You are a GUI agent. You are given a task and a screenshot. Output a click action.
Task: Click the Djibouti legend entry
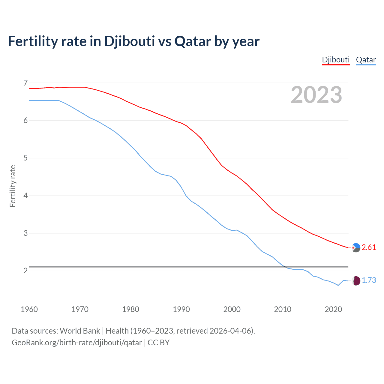[336, 60]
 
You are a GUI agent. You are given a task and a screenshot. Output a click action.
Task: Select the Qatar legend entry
[366, 60]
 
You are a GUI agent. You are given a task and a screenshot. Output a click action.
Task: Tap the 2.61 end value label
[369, 247]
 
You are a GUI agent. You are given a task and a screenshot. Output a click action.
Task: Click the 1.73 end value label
[369, 280]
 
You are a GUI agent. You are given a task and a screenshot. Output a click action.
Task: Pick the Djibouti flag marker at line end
[356, 248]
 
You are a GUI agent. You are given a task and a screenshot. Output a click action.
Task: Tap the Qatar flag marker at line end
[356, 281]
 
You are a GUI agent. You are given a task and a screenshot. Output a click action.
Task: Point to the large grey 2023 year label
[316, 95]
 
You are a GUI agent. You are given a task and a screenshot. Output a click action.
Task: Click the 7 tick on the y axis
[25, 83]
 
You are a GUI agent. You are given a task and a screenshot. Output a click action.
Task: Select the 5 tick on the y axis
[25, 158]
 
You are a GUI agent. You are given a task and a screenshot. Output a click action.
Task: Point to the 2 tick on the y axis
[25, 271]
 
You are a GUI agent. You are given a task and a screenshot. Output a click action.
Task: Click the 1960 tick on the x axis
[29, 309]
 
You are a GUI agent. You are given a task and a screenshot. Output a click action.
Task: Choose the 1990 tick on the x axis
[181, 309]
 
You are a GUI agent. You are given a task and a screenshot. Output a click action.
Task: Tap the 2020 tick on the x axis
[333, 309]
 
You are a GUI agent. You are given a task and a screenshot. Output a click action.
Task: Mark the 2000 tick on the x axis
[232, 309]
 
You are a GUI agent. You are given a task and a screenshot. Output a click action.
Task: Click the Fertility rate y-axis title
[13, 186]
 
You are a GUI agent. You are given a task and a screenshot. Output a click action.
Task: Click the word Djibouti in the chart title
[129, 41]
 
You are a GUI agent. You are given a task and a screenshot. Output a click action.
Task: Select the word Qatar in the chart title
[193, 41]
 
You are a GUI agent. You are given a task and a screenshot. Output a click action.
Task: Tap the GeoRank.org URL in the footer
[77, 343]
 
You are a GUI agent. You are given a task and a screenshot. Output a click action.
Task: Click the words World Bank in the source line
[80, 331]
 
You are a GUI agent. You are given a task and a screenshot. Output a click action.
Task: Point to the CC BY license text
[159, 343]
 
